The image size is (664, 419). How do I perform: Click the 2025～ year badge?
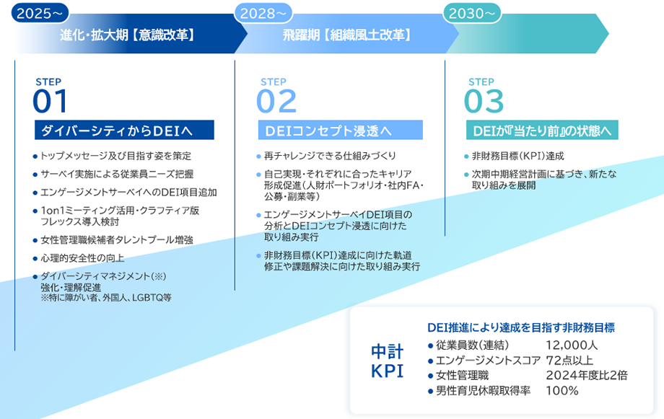(39, 13)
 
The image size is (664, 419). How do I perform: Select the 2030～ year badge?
(471, 13)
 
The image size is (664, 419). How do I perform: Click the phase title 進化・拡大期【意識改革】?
(127, 35)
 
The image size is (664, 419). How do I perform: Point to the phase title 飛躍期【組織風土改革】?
(347, 35)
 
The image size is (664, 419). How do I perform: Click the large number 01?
(51, 102)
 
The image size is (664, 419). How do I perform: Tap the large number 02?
(276, 102)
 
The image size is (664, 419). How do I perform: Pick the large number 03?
(484, 102)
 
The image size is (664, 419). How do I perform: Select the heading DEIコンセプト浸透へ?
(329, 131)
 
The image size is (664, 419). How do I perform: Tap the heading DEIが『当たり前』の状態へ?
(541, 131)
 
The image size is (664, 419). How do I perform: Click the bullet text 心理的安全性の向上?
(82, 257)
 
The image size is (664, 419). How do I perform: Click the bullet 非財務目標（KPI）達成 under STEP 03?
(517, 156)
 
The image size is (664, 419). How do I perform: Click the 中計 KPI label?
(387, 361)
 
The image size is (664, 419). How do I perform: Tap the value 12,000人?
(572, 345)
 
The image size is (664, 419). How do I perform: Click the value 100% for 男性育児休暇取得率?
(562, 391)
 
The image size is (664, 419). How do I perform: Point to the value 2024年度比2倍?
(587, 375)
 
